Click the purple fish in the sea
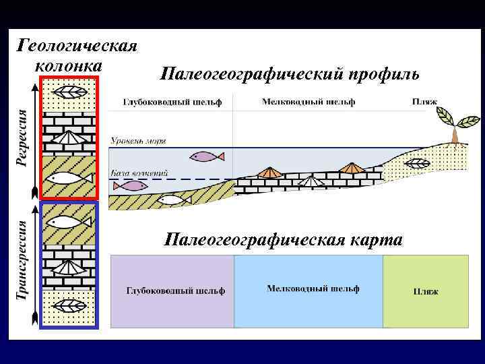[207, 156]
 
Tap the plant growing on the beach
[456, 124]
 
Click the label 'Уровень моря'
[138, 142]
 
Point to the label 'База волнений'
[139, 173]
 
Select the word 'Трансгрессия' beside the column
[22, 260]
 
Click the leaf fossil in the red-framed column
[70, 92]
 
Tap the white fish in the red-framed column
[69, 178]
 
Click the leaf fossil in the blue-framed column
[69, 305]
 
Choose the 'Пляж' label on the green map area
[425, 292]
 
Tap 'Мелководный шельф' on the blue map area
[313, 289]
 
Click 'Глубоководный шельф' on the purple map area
[176, 291]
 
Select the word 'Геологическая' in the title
[77, 46]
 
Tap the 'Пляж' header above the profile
[424, 102]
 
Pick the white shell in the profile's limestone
[309, 181]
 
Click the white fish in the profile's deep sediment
[170, 200]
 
